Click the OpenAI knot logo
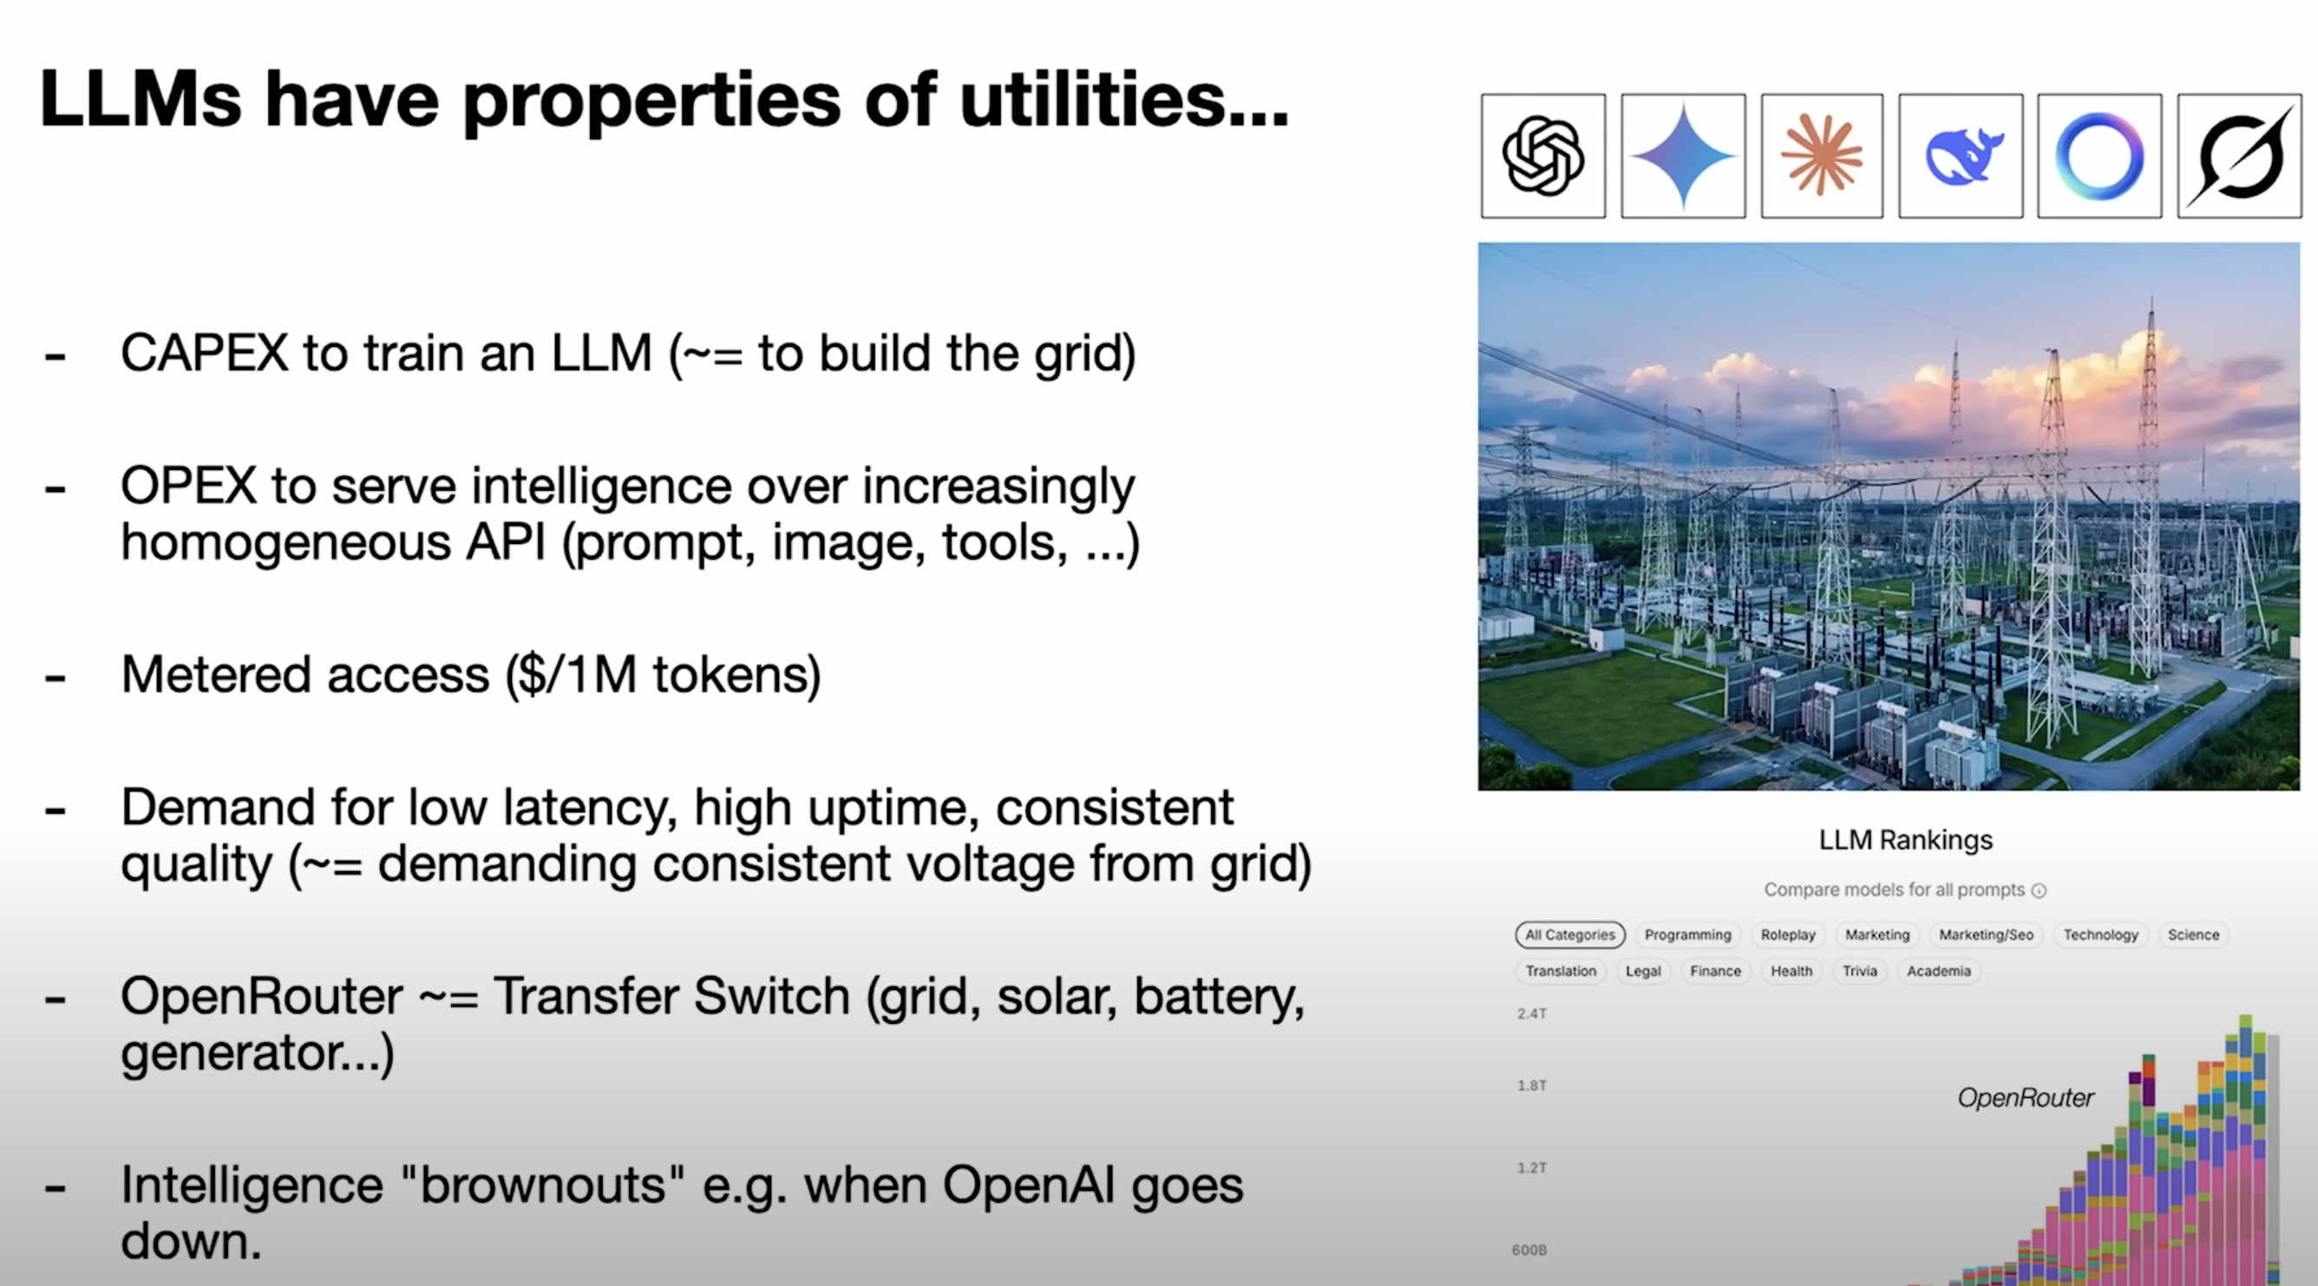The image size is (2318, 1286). click(1542, 155)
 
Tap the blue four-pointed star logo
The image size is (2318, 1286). click(1683, 155)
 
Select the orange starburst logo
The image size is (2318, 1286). click(1821, 155)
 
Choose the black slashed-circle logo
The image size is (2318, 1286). click(2240, 155)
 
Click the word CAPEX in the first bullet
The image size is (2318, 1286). click(204, 353)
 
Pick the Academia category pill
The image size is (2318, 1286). click(1938, 971)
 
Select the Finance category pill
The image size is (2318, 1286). click(1715, 971)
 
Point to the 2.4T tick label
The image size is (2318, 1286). click(1531, 1014)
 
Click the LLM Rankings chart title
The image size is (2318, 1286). click(1906, 841)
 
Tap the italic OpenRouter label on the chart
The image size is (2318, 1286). click(2026, 1098)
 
